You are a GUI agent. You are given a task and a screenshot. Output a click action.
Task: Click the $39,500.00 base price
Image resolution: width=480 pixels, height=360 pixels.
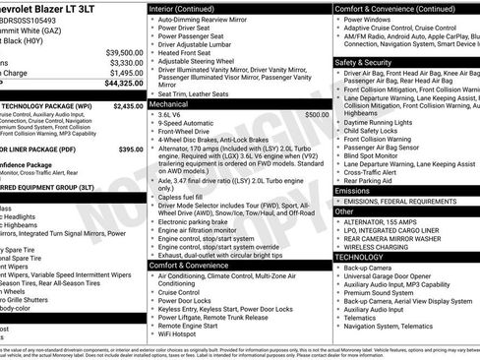point(124,51)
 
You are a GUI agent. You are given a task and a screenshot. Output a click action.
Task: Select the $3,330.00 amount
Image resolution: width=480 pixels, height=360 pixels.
point(126,62)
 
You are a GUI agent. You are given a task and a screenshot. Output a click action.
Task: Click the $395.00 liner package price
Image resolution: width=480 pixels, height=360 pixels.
point(131,150)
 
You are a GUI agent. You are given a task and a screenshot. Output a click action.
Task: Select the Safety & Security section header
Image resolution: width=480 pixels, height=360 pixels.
point(362,61)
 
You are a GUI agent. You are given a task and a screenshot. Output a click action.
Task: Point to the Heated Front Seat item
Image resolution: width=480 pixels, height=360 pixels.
point(186,51)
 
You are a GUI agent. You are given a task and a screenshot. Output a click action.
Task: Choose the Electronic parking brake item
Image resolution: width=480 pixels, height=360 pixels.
point(197,221)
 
